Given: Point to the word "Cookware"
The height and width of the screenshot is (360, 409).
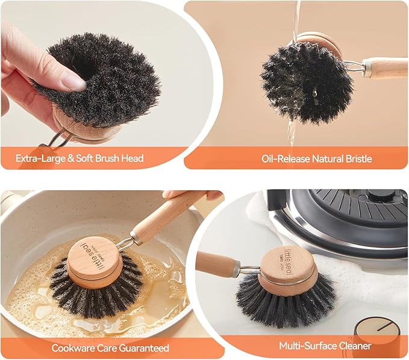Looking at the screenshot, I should tap(74, 348).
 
